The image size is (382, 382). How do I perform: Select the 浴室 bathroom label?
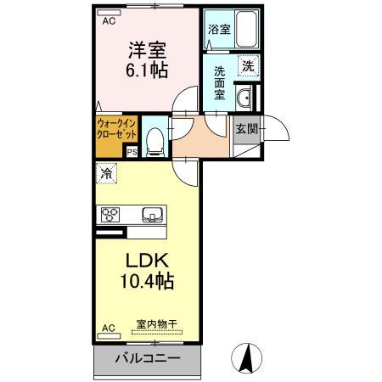click(218, 29)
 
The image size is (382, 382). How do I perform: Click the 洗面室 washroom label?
click(219, 83)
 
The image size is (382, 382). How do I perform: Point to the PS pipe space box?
click(132, 153)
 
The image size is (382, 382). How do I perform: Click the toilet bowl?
click(154, 140)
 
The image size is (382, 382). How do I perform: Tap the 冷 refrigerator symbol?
click(106, 172)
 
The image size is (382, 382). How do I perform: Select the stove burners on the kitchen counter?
click(113, 214)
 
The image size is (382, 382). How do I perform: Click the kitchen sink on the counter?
click(153, 214)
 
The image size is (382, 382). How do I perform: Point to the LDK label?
click(148, 259)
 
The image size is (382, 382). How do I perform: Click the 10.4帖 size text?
click(148, 279)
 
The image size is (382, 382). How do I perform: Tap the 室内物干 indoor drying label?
click(155, 323)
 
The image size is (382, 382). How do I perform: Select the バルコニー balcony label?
click(147, 358)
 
